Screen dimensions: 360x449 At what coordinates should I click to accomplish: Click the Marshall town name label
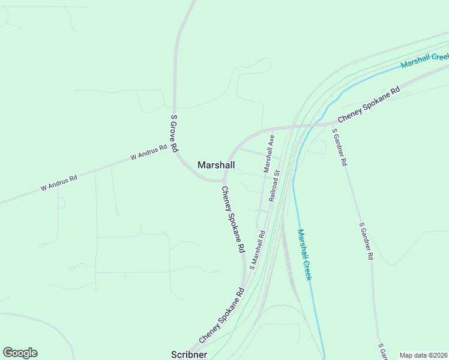pyautogui.click(x=216, y=165)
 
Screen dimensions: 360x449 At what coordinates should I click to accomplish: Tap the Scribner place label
pyautogui.click(x=189, y=355)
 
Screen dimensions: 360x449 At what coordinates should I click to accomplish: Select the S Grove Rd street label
pyautogui.click(x=175, y=133)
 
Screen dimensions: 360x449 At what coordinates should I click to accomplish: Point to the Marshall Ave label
pyautogui.click(x=269, y=154)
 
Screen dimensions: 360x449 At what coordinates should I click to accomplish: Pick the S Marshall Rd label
pyautogui.click(x=258, y=250)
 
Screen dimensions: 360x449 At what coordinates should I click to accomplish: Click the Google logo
pyautogui.click(x=20, y=353)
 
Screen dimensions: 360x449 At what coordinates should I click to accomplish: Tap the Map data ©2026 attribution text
pyautogui.click(x=423, y=355)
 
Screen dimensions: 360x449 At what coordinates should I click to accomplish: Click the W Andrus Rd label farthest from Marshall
pyautogui.click(x=59, y=182)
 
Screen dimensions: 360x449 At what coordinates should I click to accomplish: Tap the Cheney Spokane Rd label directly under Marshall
pyautogui.click(x=233, y=219)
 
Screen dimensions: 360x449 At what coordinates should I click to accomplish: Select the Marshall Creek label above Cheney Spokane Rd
pyautogui.click(x=425, y=60)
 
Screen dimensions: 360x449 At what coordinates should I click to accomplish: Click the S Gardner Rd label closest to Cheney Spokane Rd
pyautogui.click(x=340, y=147)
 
